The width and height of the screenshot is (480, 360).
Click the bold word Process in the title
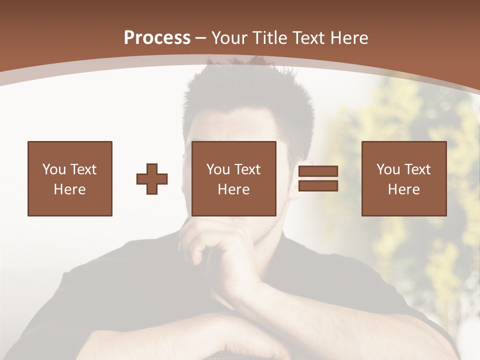(157, 38)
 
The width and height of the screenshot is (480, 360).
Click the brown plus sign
(152, 179)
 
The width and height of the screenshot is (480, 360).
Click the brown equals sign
(318, 179)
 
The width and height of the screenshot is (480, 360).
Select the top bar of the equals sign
(318, 172)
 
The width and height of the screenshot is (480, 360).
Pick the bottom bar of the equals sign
(318, 186)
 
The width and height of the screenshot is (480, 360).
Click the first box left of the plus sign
(69, 178)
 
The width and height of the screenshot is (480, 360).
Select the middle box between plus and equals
(234, 178)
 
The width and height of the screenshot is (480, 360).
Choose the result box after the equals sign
(403, 178)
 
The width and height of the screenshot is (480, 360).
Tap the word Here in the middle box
(234, 189)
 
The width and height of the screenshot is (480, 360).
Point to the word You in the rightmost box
(388, 169)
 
